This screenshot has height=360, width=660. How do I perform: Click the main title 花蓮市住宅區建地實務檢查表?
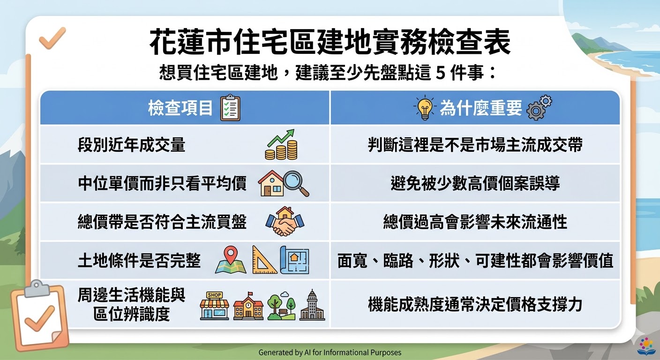point(330,42)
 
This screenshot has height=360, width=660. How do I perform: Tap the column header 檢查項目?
point(180,108)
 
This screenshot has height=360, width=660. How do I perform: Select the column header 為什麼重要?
point(481,108)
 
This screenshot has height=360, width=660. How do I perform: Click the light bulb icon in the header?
point(425,107)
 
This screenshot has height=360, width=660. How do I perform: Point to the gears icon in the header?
point(539,107)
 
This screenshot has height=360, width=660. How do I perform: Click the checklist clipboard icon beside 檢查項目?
point(231,108)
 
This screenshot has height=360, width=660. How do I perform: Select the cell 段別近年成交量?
point(131,145)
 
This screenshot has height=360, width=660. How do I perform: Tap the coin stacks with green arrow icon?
point(281,144)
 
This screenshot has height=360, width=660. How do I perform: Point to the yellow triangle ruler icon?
point(264,260)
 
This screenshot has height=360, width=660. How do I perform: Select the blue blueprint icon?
point(294,260)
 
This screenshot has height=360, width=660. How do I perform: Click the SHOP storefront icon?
point(214,306)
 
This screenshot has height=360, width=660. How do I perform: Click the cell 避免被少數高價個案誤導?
point(475,183)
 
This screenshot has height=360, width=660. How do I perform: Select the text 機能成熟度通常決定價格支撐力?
point(475,304)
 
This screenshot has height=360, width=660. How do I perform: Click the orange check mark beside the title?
point(52,38)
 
